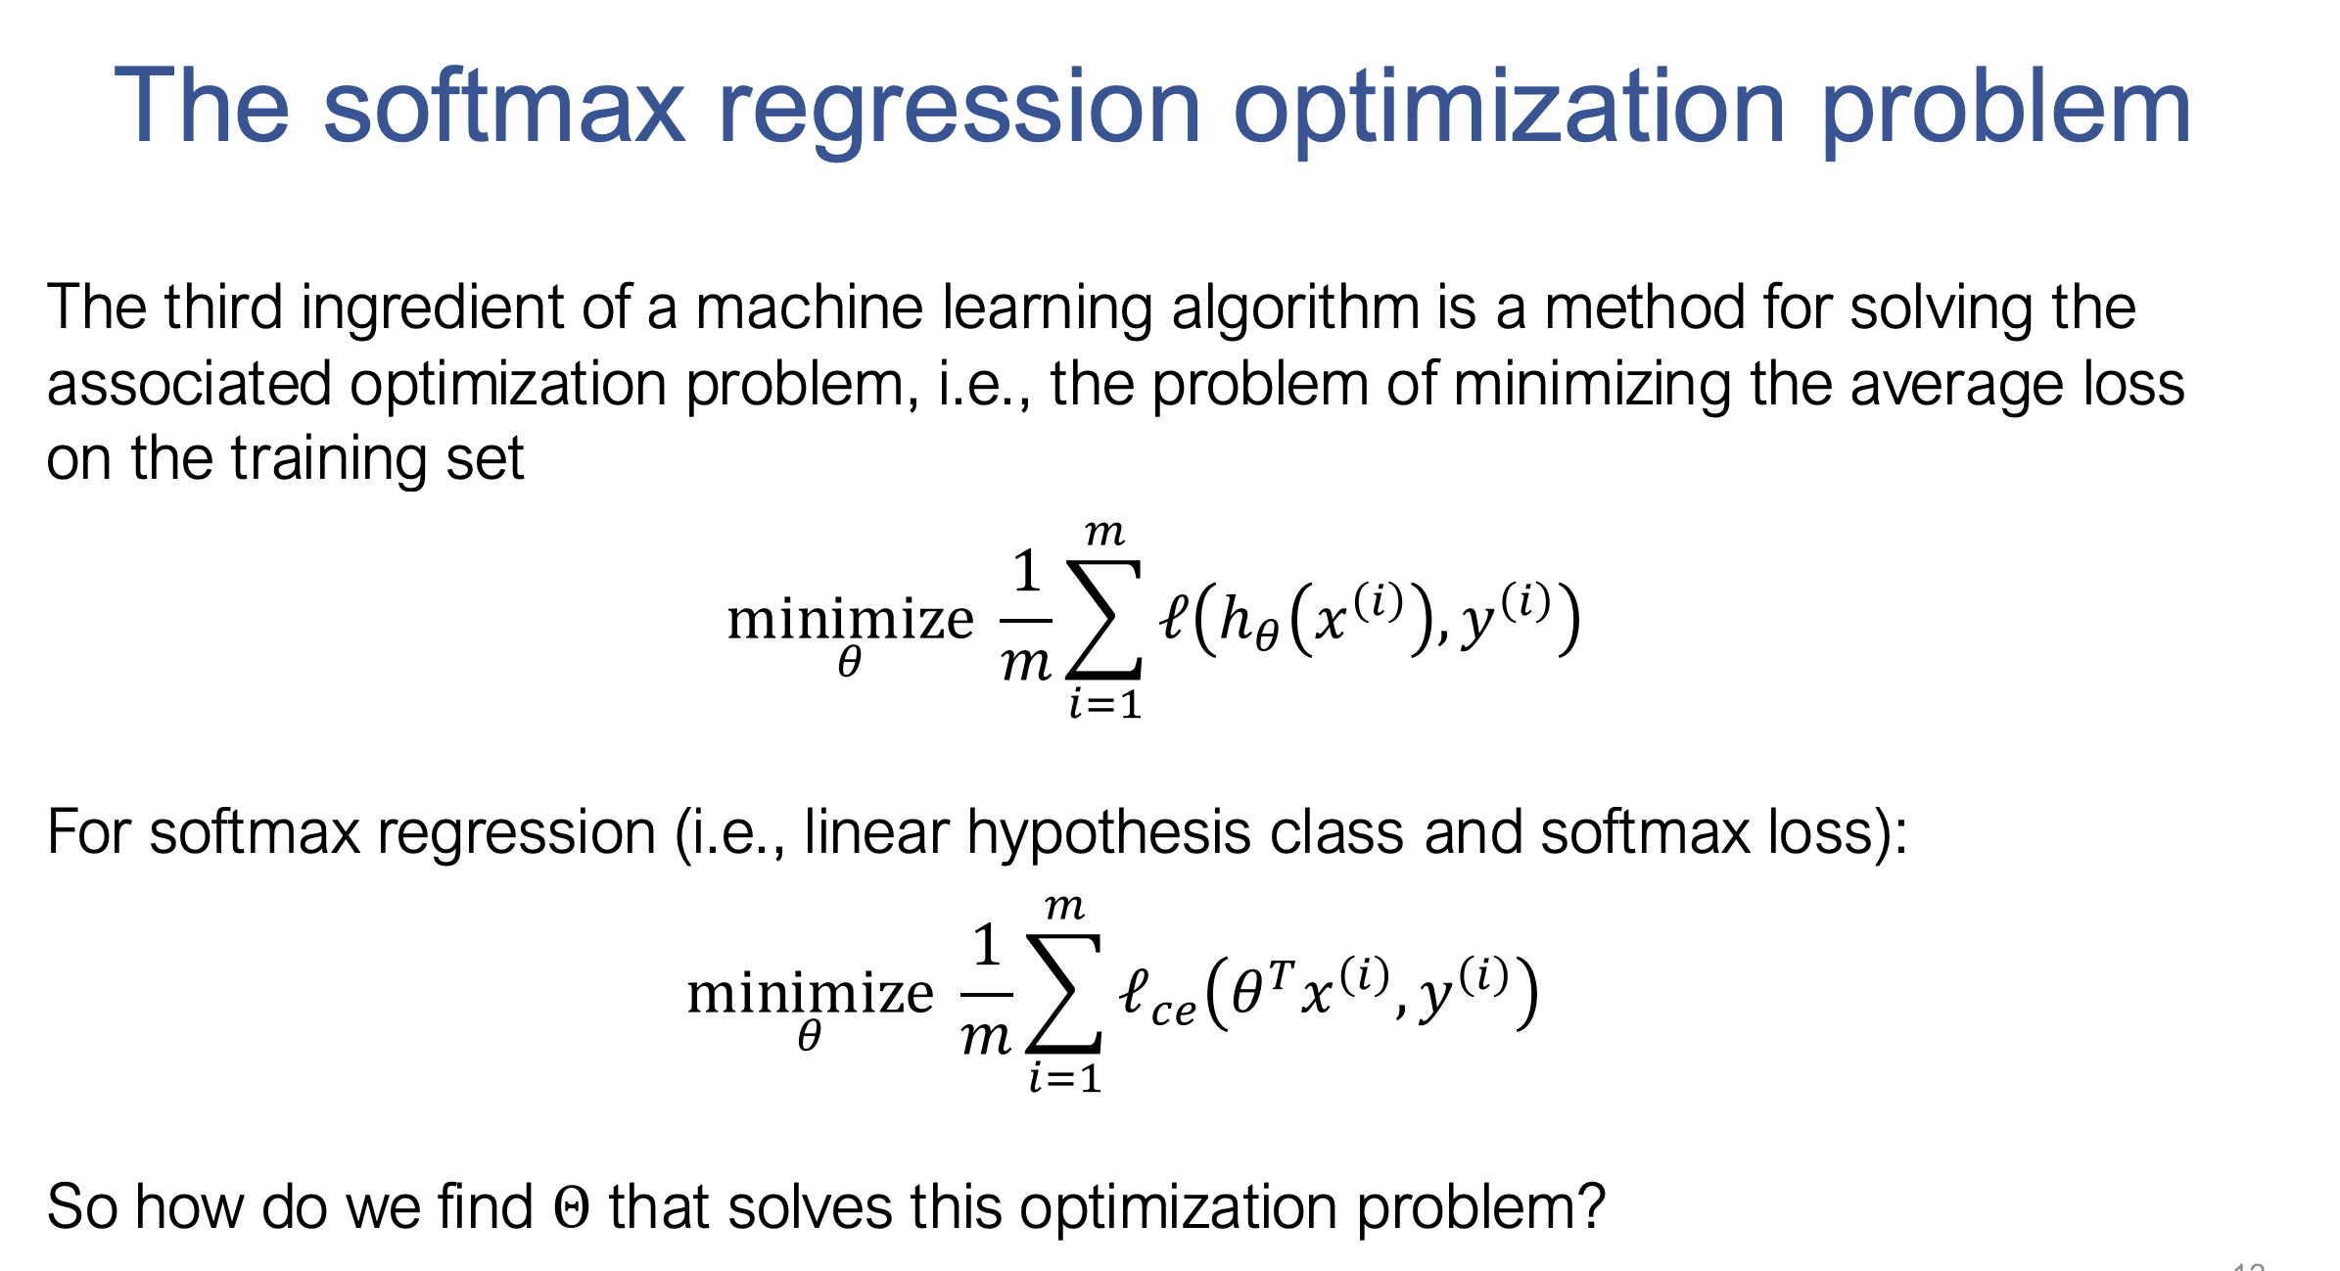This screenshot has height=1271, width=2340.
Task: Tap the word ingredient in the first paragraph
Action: pyautogui.click(x=432, y=309)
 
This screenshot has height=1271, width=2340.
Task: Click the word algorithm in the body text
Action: pyautogui.click(x=1295, y=309)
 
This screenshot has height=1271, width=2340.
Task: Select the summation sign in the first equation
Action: pyautogui.click(x=1103, y=619)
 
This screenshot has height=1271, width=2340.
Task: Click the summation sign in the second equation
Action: pyautogui.click(x=1063, y=993)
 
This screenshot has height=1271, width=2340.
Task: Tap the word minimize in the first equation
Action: pyautogui.click(x=850, y=619)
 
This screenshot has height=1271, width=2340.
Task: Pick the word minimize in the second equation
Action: pyautogui.click(x=811, y=993)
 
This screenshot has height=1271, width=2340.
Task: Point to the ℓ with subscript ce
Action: pyautogui.click(x=1157, y=997)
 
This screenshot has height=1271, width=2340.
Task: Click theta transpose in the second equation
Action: pyautogui.click(x=1264, y=987)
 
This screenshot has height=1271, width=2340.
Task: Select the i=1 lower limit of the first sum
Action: pyautogui.click(x=1105, y=704)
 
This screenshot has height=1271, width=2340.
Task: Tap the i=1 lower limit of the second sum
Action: pyautogui.click(x=1065, y=1078)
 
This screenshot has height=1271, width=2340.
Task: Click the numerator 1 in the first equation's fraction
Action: pyautogui.click(x=1026, y=570)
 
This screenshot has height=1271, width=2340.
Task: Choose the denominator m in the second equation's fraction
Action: pyautogui.click(x=986, y=1037)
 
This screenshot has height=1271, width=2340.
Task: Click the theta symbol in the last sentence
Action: pyautogui.click(x=572, y=1207)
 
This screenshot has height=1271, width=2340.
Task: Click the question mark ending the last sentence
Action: pyautogui.click(x=1591, y=1206)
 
